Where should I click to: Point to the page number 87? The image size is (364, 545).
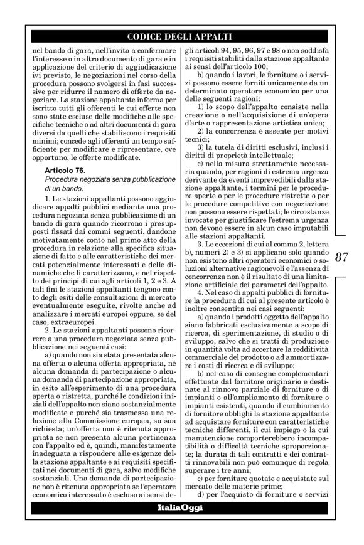(342, 257)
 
